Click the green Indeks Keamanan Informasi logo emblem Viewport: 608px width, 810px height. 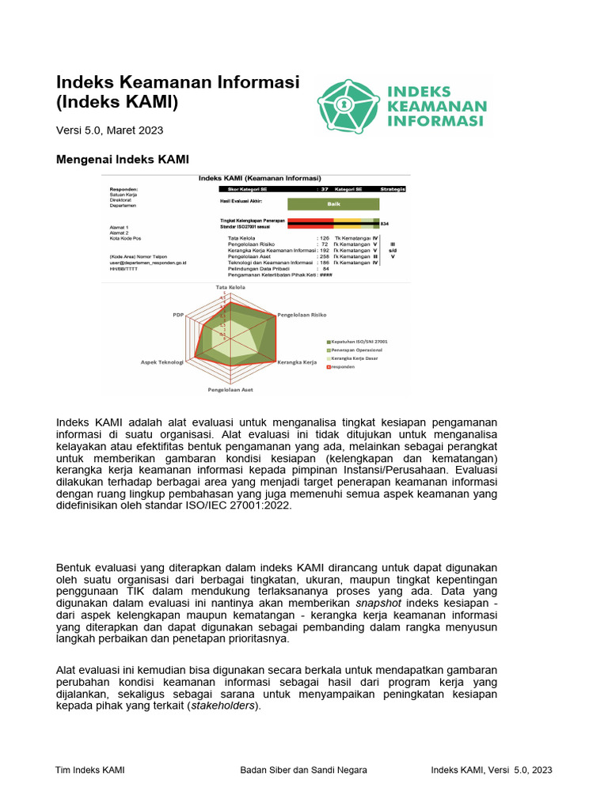coord(348,106)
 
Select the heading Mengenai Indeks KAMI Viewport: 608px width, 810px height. coord(122,159)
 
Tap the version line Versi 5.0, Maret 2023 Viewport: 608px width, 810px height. coord(109,131)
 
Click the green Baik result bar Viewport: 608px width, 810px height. coord(333,203)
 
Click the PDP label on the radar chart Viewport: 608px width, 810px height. coord(178,315)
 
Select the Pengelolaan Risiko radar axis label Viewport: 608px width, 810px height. coord(302,315)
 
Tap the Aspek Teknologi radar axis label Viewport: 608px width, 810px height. coord(162,361)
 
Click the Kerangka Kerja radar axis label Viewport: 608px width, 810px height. coord(297,361)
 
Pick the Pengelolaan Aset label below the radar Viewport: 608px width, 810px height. coord(230,390)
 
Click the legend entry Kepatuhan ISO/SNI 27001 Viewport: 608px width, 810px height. coord(359,341)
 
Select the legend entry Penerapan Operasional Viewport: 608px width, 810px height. coord(356,349)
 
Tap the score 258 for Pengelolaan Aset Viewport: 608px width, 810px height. coord(323,256)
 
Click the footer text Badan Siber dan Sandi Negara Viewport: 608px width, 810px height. coord(303,770)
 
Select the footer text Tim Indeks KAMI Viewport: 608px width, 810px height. coord(89,770)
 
